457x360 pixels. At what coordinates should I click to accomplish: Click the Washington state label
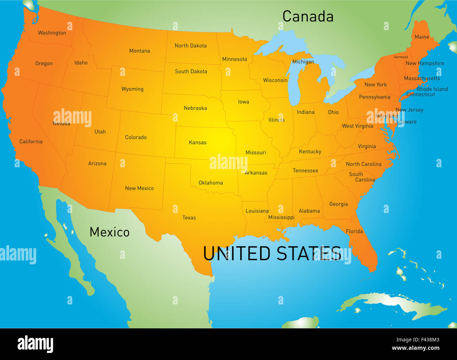point(52,33)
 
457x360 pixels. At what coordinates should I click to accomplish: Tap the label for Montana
point(140,51)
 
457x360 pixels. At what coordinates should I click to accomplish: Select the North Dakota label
point(191,46)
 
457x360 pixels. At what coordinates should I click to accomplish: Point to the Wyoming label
point(133,89)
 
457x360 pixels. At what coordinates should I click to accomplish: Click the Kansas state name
point(198,142)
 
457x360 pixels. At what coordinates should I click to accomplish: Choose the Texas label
point(189,218)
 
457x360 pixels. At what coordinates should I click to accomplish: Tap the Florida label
point(354,231)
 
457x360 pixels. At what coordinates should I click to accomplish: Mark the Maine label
point(422,37)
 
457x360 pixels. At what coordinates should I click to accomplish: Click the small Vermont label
point(401,57)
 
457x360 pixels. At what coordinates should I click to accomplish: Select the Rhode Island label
point(432,89)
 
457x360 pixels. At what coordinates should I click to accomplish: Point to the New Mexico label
point(140,188)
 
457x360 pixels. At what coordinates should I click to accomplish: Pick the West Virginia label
point(358,126)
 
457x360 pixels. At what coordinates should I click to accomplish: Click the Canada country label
point(308,17)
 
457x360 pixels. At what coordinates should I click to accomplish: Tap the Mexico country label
point(109,232)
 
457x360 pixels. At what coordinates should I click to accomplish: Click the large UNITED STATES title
point(272,253)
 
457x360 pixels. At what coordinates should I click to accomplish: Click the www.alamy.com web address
point(416,348)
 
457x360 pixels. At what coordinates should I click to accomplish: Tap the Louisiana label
point(257,211)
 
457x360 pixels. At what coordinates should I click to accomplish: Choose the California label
point(31,141)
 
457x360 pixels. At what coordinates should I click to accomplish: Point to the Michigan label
point(303,62)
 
